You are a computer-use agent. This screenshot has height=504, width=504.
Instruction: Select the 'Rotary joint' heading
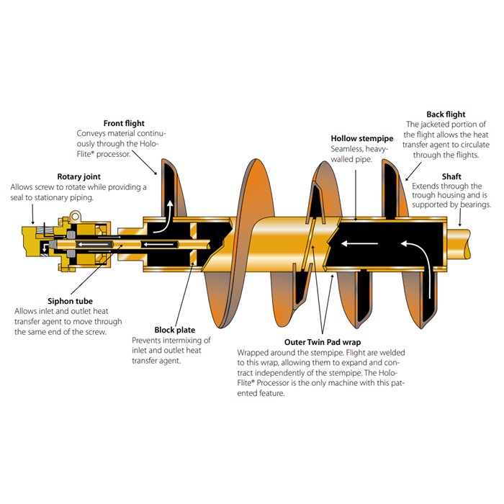(80, 176)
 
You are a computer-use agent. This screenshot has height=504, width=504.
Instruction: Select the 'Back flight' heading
(446, 114)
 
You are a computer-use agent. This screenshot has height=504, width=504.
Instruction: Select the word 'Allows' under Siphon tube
(27, 311)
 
